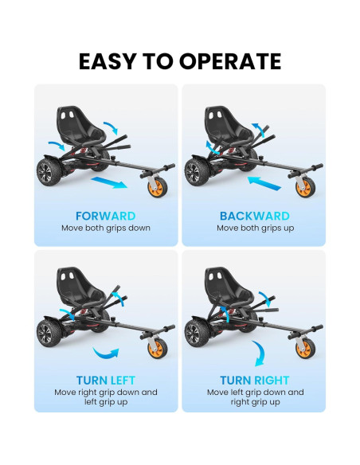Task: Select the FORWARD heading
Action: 105,216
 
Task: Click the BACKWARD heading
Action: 254,216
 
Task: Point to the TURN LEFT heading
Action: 105,380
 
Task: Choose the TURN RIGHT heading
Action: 255,380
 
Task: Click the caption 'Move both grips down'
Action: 105,228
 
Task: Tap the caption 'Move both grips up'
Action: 254,228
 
